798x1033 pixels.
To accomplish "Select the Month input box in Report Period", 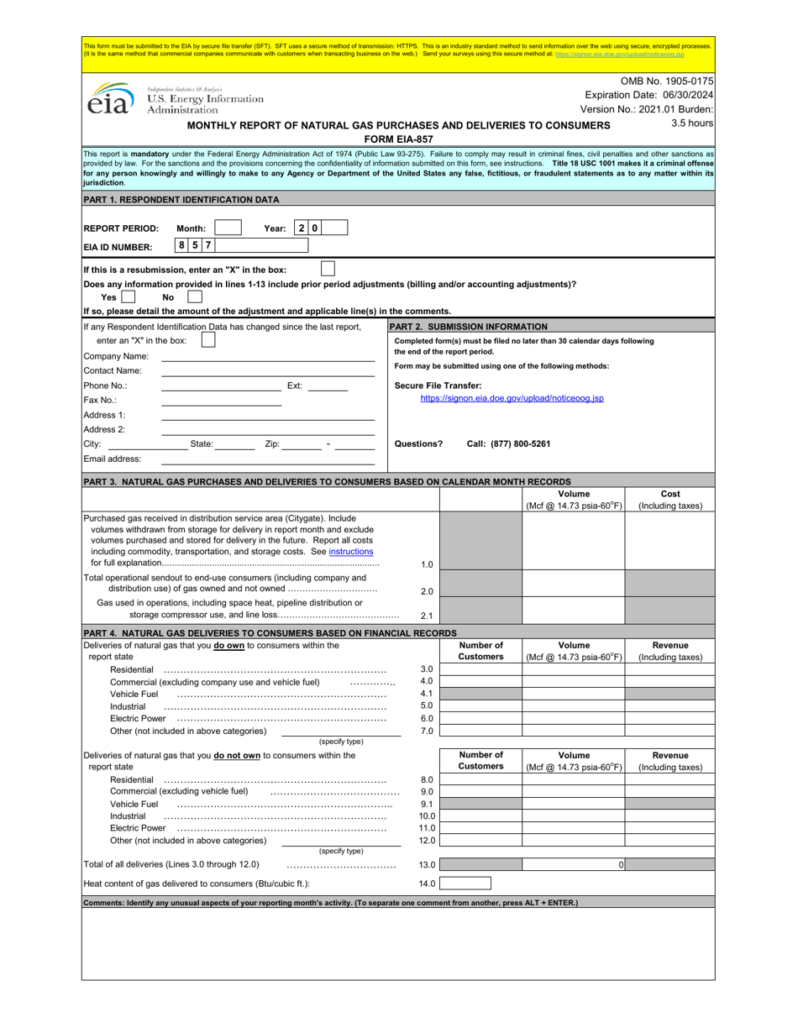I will [x=228, y=228].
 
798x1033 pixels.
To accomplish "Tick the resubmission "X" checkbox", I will [x=328, y=269].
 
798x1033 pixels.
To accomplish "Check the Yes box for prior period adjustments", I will [x=128, y=296].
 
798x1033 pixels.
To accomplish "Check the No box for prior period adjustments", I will [x=195, y=296].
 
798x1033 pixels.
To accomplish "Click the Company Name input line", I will [x=267, y=356].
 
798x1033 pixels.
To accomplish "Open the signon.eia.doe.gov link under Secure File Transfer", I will [x=512, y=398].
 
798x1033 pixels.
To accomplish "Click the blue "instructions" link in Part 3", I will [x=351, y=552].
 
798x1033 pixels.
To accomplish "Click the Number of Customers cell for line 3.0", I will [x=480, y=669].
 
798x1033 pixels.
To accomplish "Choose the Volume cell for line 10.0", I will [x=574, y=815].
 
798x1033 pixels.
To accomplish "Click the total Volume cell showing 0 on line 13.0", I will [x=574, y=864].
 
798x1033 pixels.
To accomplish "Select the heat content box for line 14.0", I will [x=465, y=884].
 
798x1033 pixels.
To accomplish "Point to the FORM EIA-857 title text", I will [x=398, y=139].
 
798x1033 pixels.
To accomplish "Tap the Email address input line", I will [x=267, y=459].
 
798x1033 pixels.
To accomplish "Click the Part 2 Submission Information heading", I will [x=469, y=327].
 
